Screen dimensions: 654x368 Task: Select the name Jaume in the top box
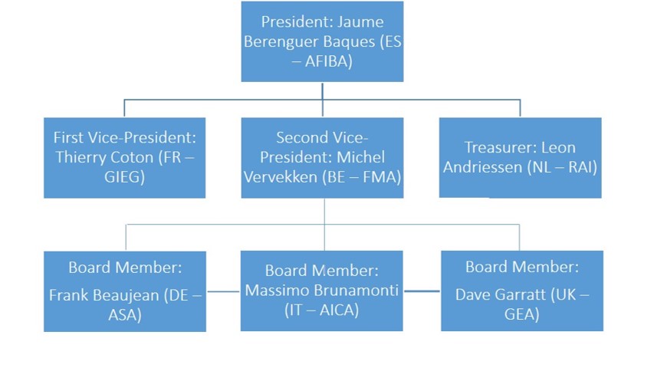coord(360,21)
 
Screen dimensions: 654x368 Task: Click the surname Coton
coord(133,157)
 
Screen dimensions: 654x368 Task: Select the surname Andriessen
coord(483,167)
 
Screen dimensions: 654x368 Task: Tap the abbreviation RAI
coord(580,167)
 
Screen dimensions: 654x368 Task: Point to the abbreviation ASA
coord(124,314)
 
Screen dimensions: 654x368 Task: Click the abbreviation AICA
coord(339,310)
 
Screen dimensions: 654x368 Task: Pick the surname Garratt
coord(518,294)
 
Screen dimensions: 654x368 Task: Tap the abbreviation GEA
coord(521,314)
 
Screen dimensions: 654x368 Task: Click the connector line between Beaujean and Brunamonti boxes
coord(224,291)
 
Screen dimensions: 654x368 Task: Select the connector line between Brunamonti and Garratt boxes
coord(422,291)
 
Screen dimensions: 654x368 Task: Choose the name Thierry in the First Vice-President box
coord(78,158)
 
